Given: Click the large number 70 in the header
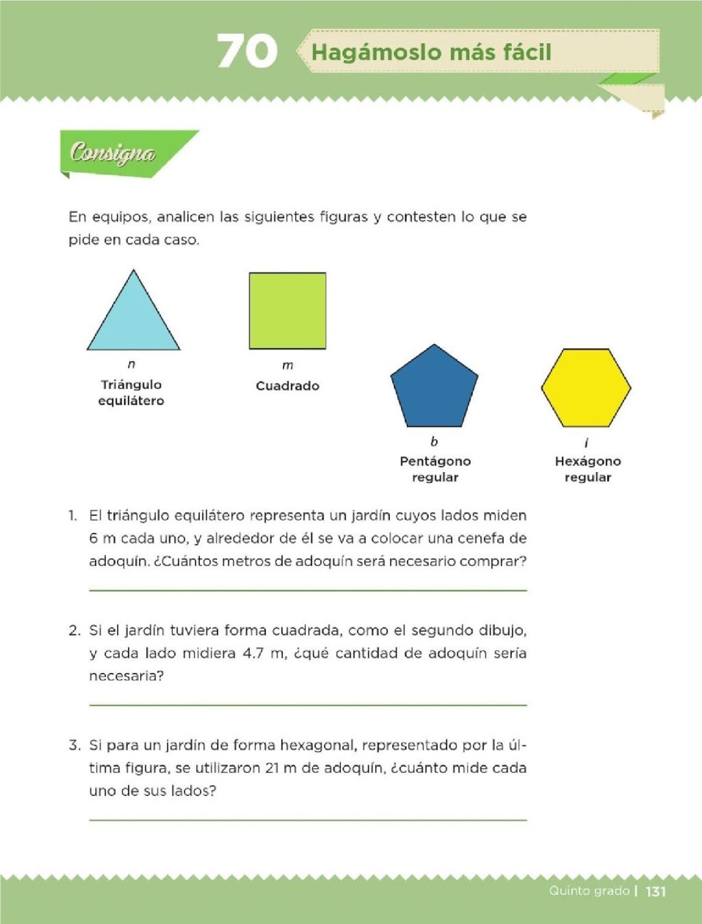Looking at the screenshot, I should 247,51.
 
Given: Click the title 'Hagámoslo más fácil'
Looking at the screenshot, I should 431,53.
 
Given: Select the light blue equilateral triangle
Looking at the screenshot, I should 133,321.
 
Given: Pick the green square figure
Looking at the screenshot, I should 287,311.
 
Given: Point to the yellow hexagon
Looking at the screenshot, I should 586,388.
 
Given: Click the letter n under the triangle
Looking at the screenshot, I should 131,364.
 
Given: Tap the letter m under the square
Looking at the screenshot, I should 287,366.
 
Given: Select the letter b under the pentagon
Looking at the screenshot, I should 434,442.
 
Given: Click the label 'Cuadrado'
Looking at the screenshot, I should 287,386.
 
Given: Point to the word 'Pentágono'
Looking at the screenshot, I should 435,461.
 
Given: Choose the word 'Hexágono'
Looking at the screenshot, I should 588,461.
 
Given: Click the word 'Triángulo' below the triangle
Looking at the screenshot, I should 131,385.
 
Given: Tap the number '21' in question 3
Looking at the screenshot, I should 273,768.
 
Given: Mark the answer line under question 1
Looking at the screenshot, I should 308,590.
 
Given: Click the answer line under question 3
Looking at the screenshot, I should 308,819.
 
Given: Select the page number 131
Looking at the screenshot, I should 656,891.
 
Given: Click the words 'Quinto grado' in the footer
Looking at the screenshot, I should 589,891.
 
